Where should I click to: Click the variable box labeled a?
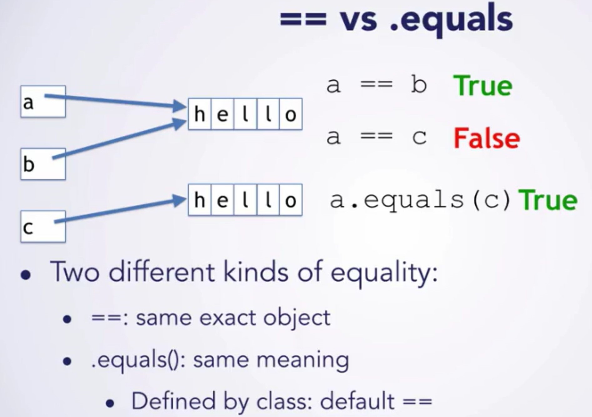(x=43, y=102)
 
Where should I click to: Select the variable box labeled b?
(x=43, y=164)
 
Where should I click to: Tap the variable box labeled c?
(x=43, y=227)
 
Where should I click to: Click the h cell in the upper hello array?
(x=200, y=114)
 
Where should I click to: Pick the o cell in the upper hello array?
(x=291, y=114)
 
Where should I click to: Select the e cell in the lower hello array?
(x=222, y=200)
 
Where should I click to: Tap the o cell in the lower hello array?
(x=291, y=200)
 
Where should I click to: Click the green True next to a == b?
(x=483, y=86)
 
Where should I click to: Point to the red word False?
(x=487, y=138)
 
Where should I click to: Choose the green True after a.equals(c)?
(x=548, y=200)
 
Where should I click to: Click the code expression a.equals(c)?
(x=420, y=200)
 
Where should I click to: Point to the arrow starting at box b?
(x=119, y=139)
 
